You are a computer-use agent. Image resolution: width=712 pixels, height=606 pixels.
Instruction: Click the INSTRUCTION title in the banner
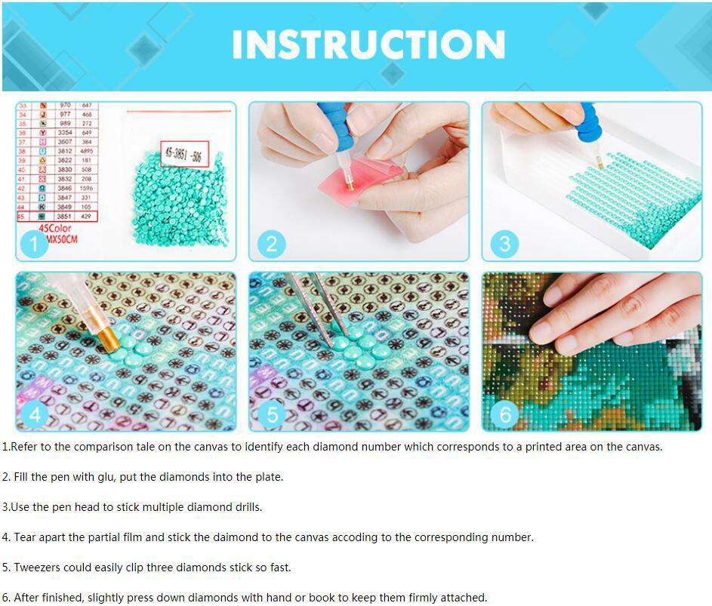coord(368,45)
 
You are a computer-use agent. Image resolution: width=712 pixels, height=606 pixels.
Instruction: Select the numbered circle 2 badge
coord(272,244)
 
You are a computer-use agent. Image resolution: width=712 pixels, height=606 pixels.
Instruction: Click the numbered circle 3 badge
coord(504,244)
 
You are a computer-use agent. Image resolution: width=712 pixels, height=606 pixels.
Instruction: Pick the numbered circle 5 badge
coord(272,414)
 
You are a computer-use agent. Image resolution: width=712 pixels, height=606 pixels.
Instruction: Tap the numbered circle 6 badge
coord(504,414)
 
